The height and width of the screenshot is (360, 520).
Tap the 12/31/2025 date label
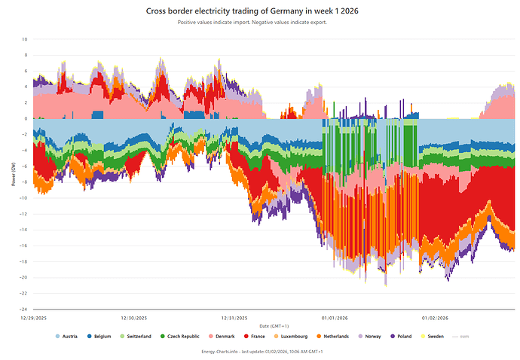tap(234, 318)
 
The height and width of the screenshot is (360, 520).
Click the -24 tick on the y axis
tap(24, 309)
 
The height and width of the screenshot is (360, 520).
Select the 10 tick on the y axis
tap(25, 39)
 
